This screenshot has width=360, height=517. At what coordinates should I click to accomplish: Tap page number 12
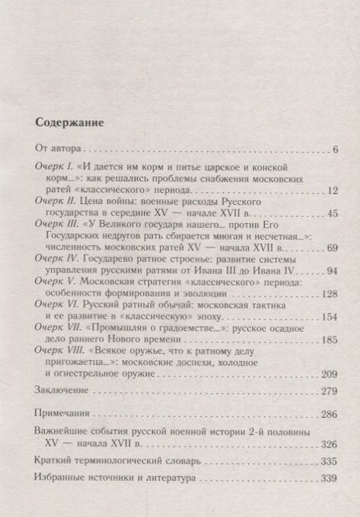pyautogui.click(x=312, y=190)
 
